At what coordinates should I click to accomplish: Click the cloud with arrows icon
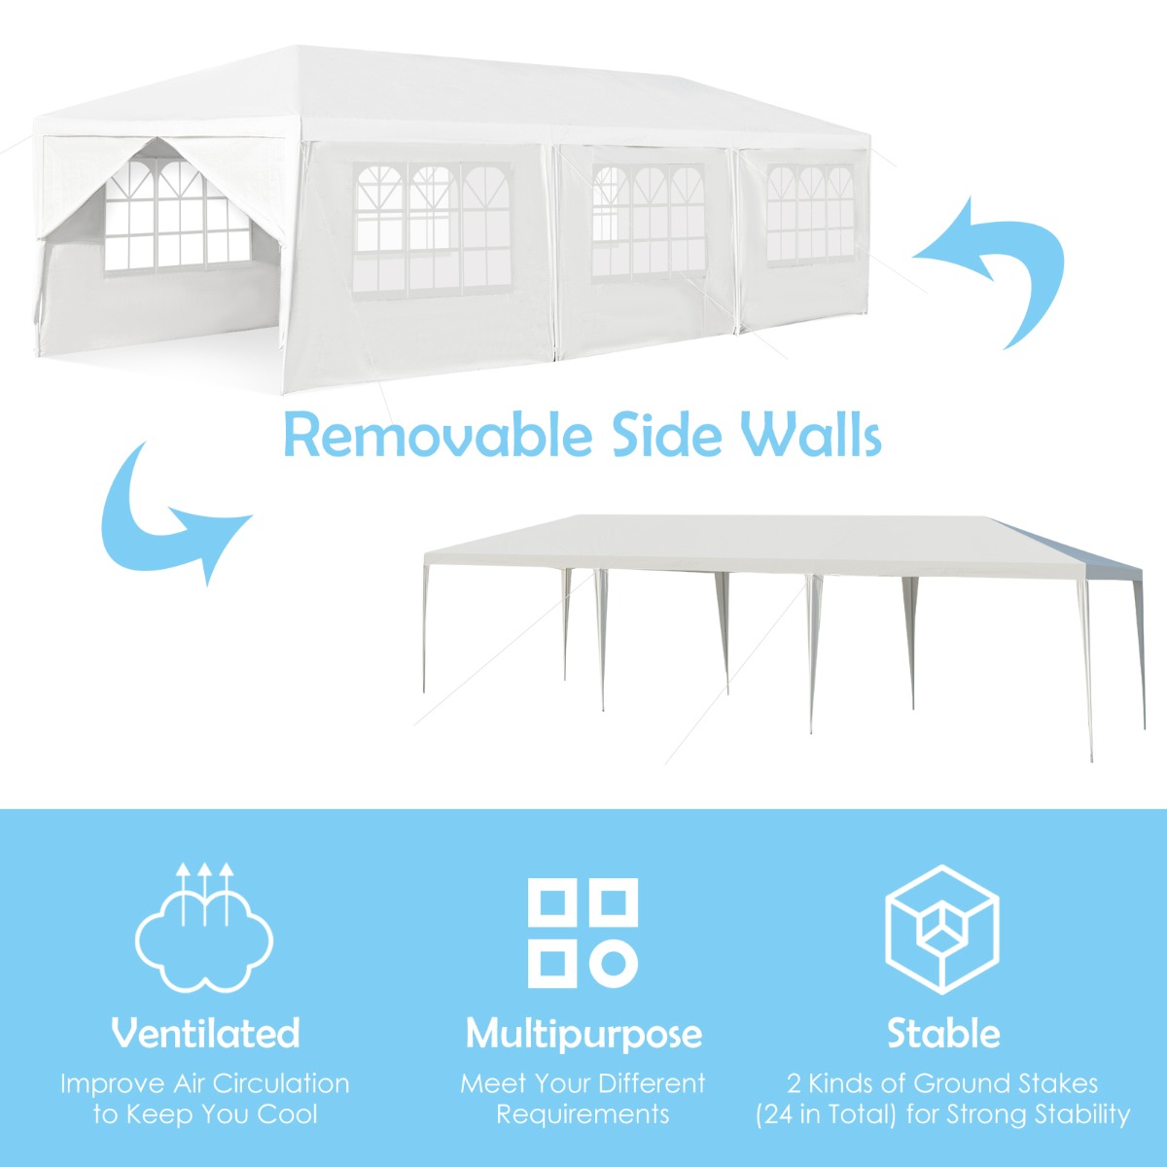[x=204, y=929]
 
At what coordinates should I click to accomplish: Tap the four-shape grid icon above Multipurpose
[x=583, y=933]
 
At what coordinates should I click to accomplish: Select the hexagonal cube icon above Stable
[x=941, y=929]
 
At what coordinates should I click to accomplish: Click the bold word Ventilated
[x=205, y=1033]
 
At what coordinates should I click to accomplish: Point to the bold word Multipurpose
[x=583, y=1034]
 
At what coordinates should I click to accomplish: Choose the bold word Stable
[x=942, y=1033]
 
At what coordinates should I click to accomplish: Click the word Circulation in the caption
[x=281, y=1083]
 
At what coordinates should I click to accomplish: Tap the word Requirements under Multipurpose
[x=583, y=1114]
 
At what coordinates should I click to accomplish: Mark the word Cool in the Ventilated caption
[x=288, y=1114]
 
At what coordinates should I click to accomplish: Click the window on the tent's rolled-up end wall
[x=180, y=219]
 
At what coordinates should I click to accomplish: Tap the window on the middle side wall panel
[x=648, y=222]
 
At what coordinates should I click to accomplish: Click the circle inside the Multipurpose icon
[x=613, y=963]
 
